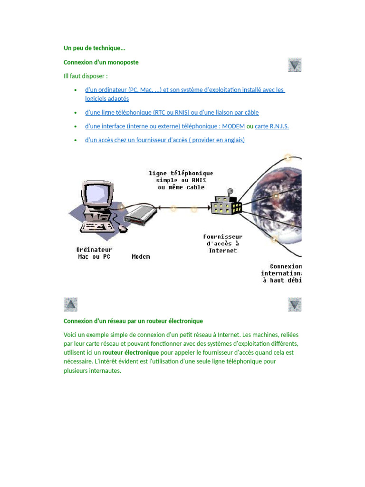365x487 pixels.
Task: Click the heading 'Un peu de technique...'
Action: [x=94, y=48]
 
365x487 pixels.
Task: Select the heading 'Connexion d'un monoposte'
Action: [x=101, y=62]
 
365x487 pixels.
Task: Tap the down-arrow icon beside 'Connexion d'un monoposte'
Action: [x=295, y=65]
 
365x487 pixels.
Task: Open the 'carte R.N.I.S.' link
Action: [x=272, y=127]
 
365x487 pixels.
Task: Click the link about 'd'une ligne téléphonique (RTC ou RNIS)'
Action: [x=172, y=113]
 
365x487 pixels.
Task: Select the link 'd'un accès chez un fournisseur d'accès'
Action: [x=164, y=140]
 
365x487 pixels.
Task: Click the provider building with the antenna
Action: [x=227, y=205]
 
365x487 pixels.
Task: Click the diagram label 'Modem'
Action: [x=141, y=257]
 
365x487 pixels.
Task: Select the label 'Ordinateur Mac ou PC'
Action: [x=94, y=253]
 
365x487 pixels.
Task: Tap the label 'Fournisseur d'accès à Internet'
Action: [x=223, y=243]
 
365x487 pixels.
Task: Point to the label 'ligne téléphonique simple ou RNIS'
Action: [x=181, y=180]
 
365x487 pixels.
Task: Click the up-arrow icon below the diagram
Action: [x=70, y=304]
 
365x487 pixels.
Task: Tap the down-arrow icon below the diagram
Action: [x=295, y=304]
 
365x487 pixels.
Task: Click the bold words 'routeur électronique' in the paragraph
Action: [x=131, y=353]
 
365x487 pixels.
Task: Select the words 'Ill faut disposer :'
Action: [x=86, y=76]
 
